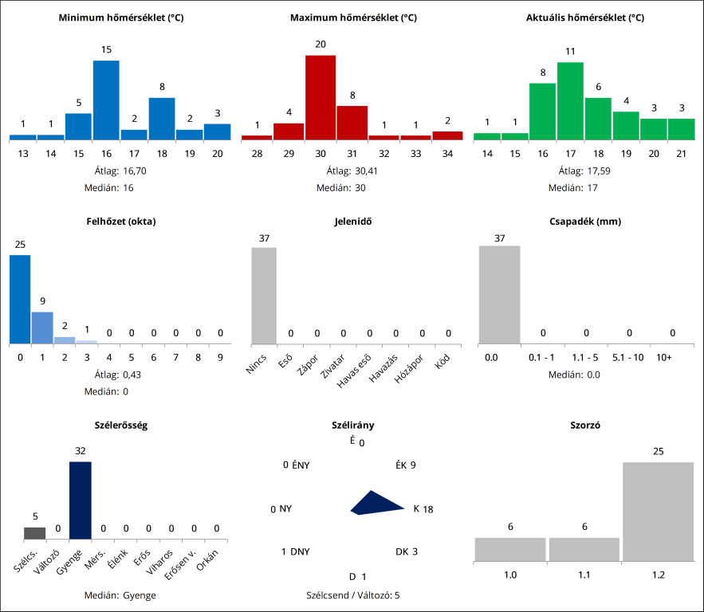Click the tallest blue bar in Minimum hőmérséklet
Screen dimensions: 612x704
[106, 100]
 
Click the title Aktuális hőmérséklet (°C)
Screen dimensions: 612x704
[585, 18]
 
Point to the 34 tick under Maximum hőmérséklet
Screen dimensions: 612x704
[447, 152]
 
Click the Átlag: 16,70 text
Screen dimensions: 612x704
[121, 171]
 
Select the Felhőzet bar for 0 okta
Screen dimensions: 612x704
[20, 299]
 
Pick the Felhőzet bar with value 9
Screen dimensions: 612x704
[42, 328]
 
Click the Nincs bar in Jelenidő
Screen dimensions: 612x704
[264, 296]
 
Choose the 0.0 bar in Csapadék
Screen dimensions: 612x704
[499, 295]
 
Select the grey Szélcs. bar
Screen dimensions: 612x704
[34, 533]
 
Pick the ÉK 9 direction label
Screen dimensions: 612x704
[406, 465]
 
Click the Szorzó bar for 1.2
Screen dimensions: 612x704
[658, 511]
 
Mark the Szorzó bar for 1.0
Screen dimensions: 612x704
[510, 549]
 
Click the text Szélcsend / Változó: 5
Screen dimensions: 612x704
[352, 594]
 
